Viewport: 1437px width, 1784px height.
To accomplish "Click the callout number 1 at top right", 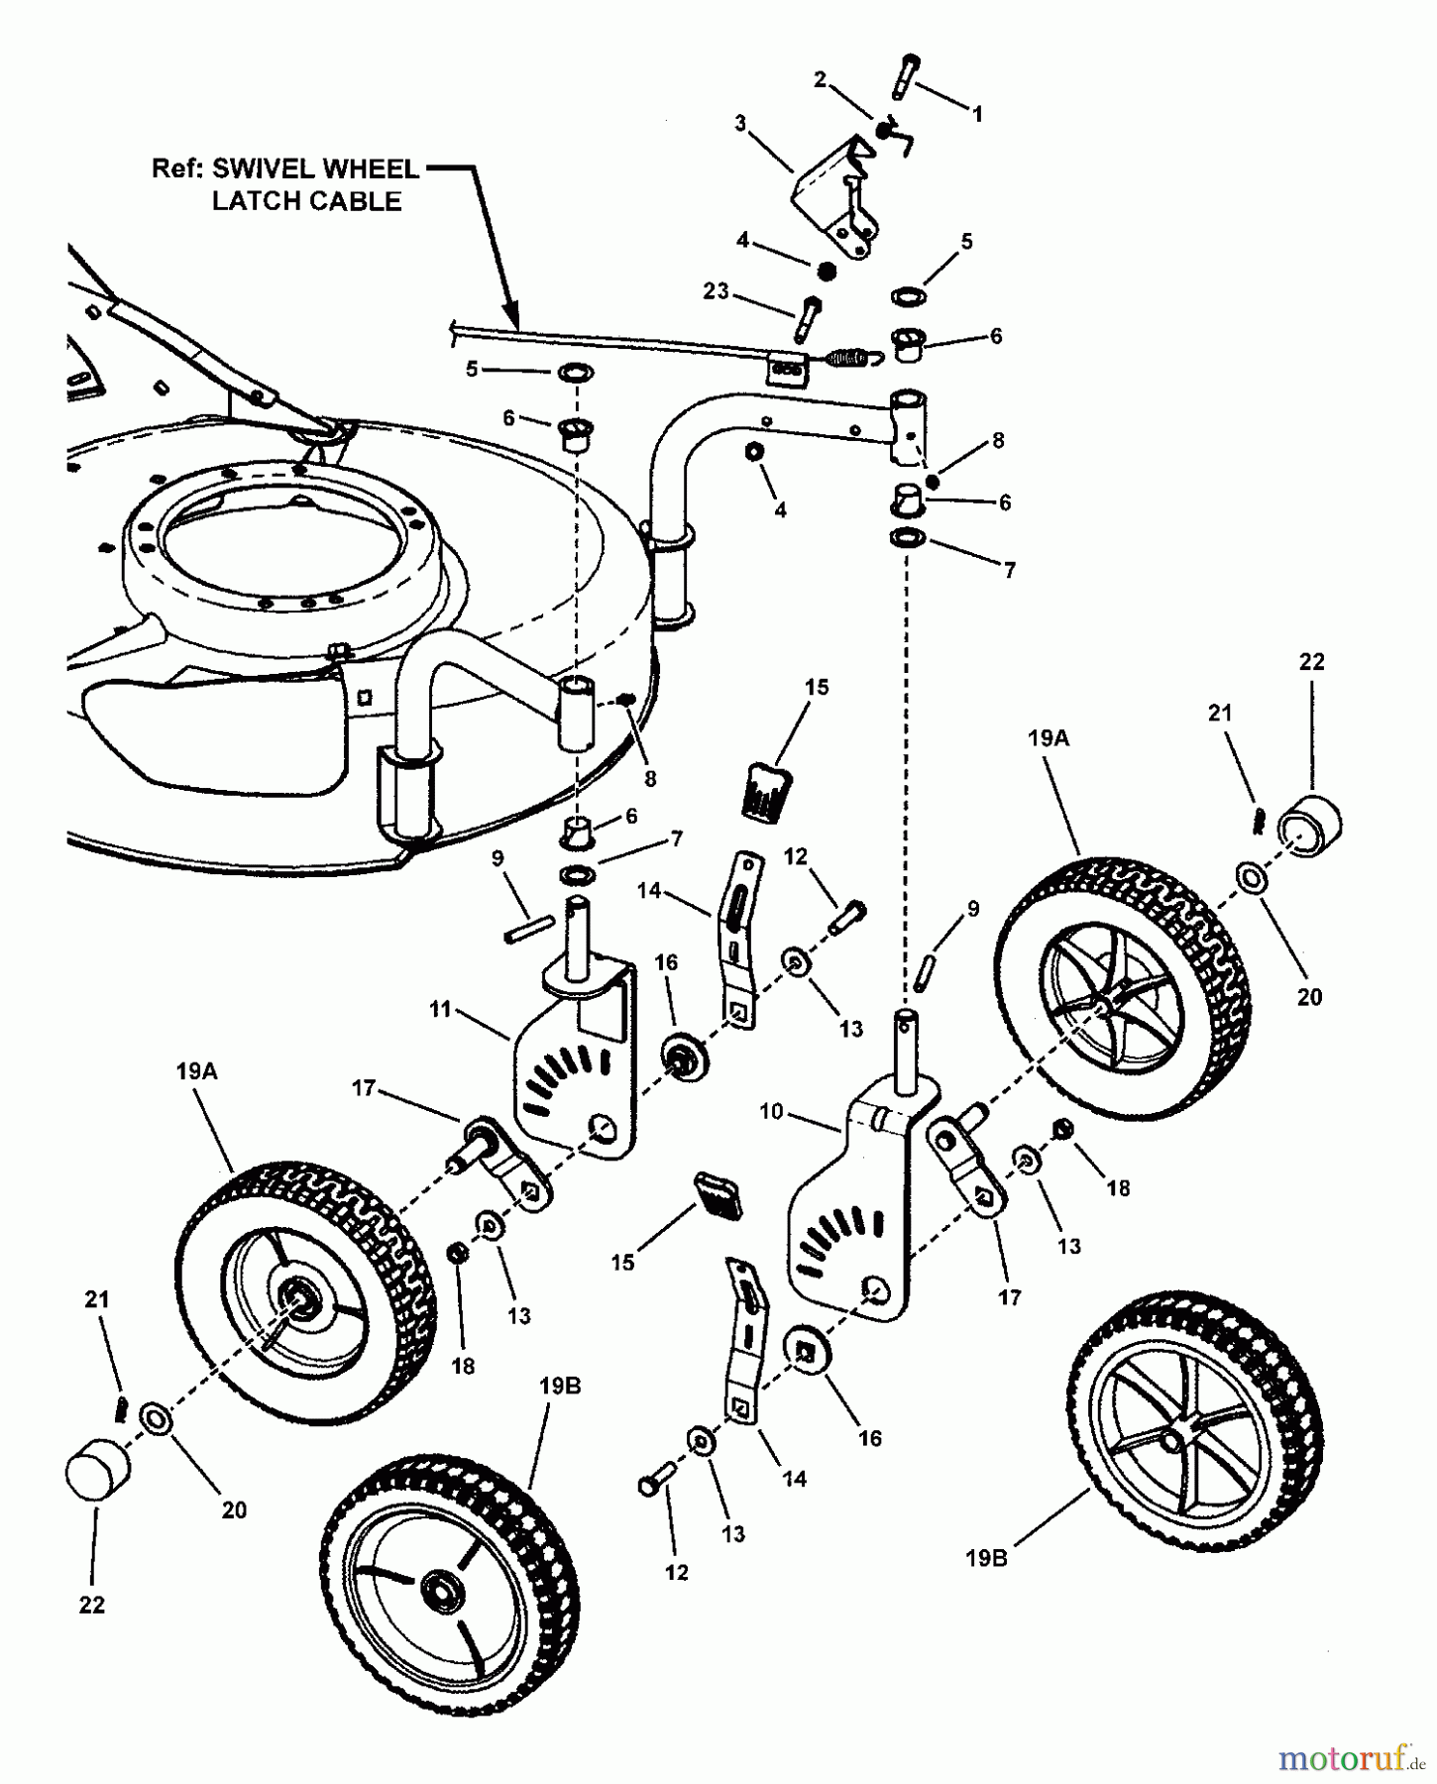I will coord(977,115).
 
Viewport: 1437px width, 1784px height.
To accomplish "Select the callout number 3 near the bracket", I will coord(740,124).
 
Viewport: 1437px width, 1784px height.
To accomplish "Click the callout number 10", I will coord(771,1112).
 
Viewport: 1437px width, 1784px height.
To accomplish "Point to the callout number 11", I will coord(440,1009).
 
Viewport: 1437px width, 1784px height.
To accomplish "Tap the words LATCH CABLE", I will coord(307,201).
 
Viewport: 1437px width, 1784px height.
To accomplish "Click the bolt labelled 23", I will coord(807,315).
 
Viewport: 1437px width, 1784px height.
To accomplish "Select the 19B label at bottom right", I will coord(986,1558).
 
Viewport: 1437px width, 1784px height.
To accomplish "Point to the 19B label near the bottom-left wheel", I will coord(560,1387).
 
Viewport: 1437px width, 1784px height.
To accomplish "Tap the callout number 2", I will coord(820,80).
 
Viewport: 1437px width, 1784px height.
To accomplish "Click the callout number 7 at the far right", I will coord(1009,571).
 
